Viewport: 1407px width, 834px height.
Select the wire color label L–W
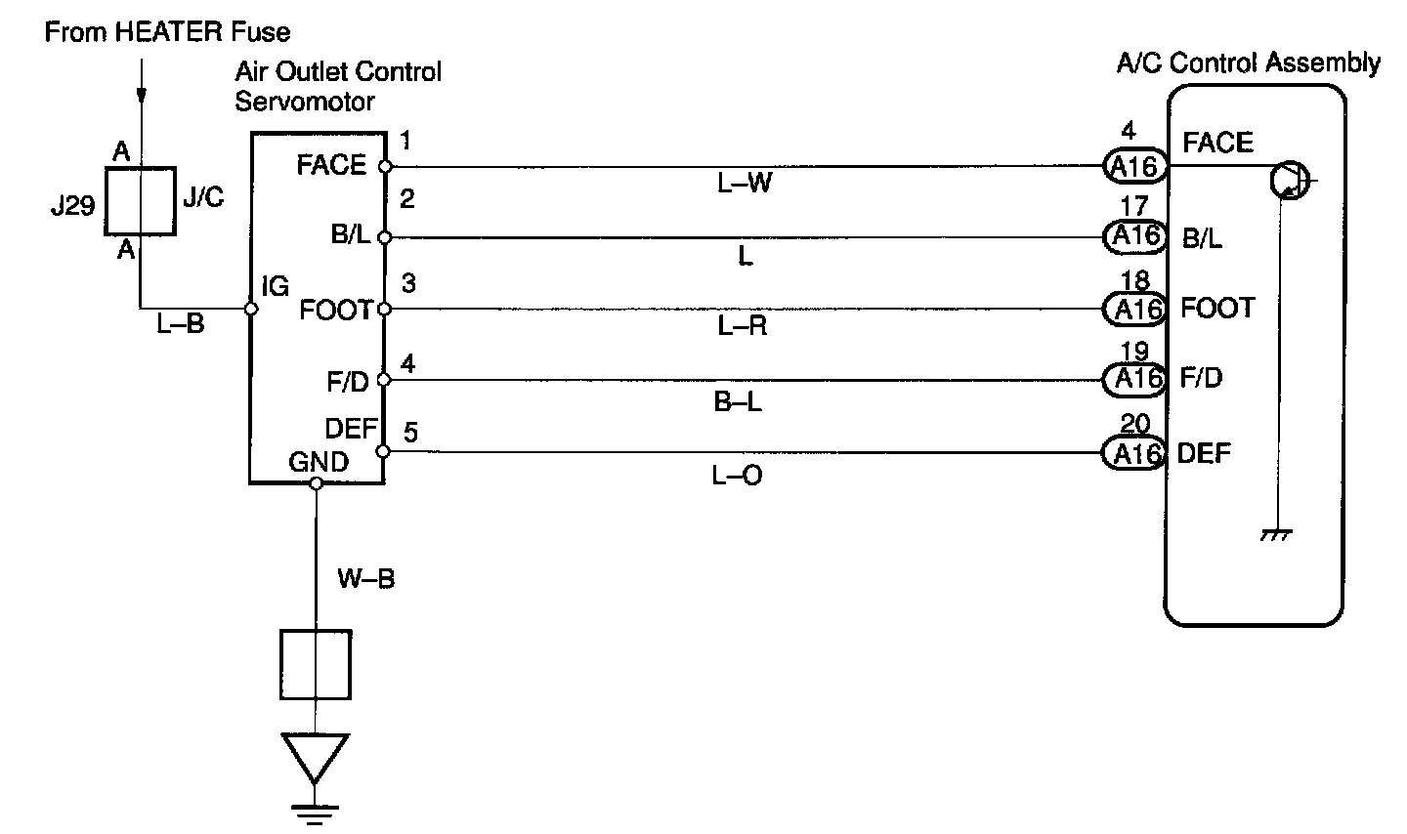[x=745, y=183]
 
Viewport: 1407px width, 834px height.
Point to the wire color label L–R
[x=743, y=325]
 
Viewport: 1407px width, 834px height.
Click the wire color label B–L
[x=738, y=400]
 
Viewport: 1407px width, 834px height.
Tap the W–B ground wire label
[x=366, y=579]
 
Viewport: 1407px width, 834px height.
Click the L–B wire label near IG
[x=181, y=325]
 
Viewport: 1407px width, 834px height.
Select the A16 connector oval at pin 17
[x=1134, y=236]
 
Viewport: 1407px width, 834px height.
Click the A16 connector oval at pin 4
[x=1134, y=166]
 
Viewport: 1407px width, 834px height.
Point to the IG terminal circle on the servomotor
[x=251, y=309]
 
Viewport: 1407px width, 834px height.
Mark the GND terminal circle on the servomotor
[x=316, y=482]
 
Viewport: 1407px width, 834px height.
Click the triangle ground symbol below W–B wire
[x=316, y=758]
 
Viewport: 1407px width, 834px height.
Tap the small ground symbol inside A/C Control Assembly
[x=1276, y=535]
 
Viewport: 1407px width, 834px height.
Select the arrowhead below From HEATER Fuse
[x=142, y=96]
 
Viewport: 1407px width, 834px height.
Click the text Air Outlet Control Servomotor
[x=338, y=86]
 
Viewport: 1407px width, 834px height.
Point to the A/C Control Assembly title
[x=1248, y=63]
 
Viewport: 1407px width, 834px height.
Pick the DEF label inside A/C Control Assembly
[x=1204, y=453]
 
